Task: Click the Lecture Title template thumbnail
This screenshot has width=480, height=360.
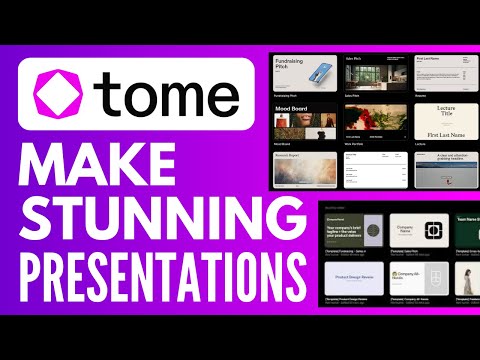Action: coord(442,119)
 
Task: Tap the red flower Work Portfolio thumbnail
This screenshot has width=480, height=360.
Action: coord(375,119)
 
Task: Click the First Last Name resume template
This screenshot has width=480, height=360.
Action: coord(442,72)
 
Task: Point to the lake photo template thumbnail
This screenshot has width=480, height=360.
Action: coord(442,170)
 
